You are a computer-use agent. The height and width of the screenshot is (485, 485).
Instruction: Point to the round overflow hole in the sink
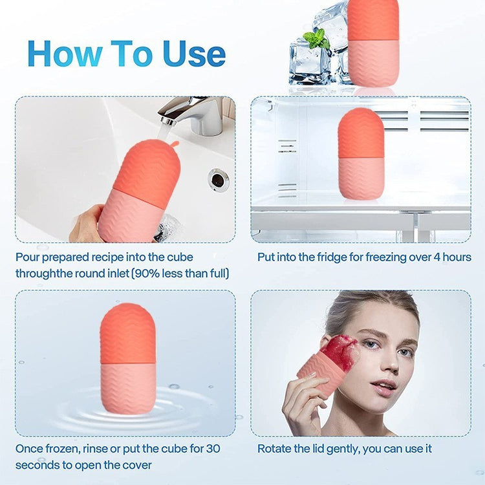pos(219,180)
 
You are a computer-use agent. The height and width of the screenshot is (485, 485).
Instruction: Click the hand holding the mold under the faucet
pos(87,224)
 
